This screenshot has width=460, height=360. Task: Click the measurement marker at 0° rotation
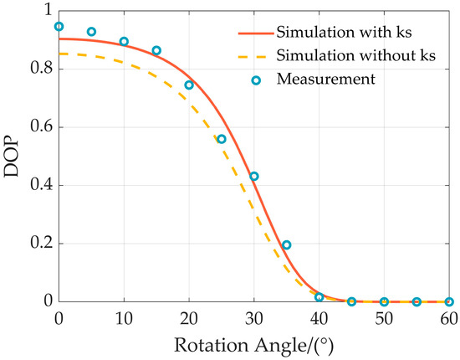pyautogui.click(x=59, y=27)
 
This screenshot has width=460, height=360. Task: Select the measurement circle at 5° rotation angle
pyautogui.click(x=91, y=32)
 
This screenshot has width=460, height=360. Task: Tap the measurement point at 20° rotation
pyautogui.click(x=189, y=85)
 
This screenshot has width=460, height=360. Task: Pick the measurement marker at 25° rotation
pyautogui.click(x=222, y=139)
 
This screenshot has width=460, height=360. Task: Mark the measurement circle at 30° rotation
pyautogui.click(x=254, y=176)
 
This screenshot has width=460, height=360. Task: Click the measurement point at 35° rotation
pyautogui.click(x=287, y=245)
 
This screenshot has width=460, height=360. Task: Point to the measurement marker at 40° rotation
pyautogui.click(x=319, y=297)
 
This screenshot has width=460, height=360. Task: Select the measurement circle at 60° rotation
pyautogui.click(x=449, y=301)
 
